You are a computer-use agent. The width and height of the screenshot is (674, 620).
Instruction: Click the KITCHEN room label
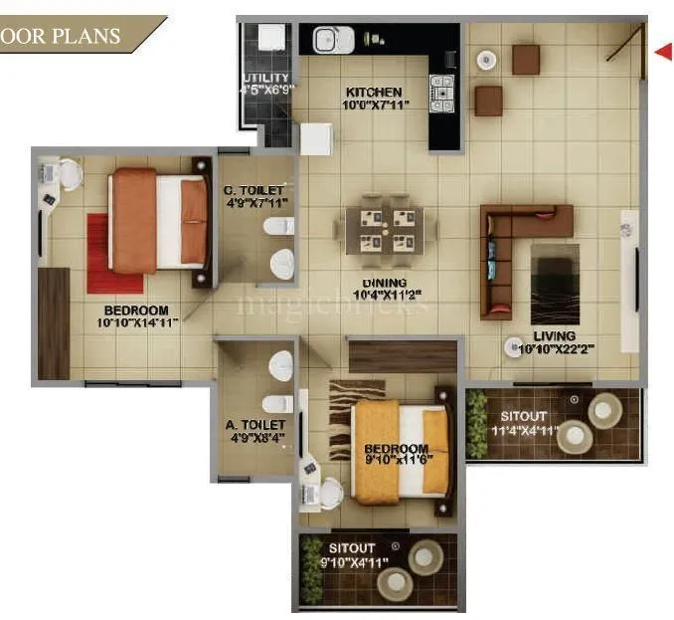point(374,92)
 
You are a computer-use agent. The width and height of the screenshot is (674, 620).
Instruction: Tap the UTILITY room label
point(265,78)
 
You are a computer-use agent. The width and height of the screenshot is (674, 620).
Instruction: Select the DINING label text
point(383,282)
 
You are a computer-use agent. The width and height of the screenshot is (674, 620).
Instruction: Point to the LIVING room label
point(554,336)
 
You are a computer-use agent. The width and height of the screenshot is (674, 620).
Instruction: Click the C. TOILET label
point(254,190)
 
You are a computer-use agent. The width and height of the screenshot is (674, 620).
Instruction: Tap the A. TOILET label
point(255,425)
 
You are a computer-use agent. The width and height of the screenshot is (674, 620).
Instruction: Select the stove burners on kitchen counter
point(439,93)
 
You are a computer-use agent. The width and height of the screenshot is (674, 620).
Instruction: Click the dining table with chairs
point(383,230)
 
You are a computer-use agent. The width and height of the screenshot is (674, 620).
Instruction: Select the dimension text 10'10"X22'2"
point(554,349)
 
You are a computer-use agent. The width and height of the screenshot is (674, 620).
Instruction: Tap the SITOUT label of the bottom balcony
point(352,548)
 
